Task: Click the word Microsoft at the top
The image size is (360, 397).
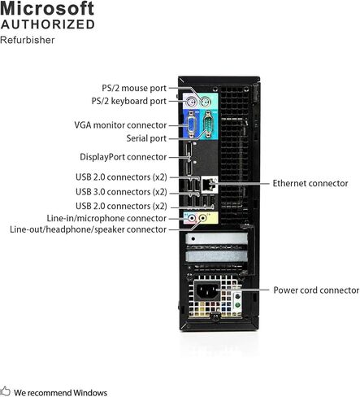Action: pyautogui.click(x=47, y=8)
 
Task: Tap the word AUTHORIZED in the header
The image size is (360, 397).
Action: pyautogui.click(x=48, y=24)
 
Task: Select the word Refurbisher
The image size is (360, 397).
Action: pyautogui.click(x=28, y=40)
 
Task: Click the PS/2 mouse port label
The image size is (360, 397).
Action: pyautogui.click(x=134, y=88)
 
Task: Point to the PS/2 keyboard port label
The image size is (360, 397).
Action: pyautogui.click(x=129, y=101)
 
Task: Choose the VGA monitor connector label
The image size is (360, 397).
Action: pyautogui.click(x=120, y=125)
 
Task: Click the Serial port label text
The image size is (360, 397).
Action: pyautogui.click(x=146, y=138)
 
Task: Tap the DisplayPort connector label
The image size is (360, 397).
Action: pyautogui.click(x=124, y=157)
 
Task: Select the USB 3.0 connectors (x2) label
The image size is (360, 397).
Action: pyautogui.click(x=121, y=192)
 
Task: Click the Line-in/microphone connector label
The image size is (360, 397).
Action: pyautogui.click(x=106, y=218)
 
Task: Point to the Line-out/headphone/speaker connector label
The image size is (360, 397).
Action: pyautogui.click(x=89, y=229)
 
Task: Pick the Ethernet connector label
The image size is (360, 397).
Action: pyautogui.click(x=310, y=183)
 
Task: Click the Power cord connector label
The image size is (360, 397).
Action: pyautogui.click(x=316, y=290)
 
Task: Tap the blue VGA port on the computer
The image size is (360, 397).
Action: pyautogui.click(x=191, y=124)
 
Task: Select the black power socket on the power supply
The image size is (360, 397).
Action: pyautogui.click(x=207, y=291)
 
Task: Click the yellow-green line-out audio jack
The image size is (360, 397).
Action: pyautogui.click(x=202, y=217)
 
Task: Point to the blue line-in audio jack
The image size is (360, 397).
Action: pyautogui.click(x=192, y=217)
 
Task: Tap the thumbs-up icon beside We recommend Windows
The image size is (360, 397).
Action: pyautogui.click(x=5, y=391)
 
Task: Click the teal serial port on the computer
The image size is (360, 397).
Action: pyautogui.click(x=208, y=124)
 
